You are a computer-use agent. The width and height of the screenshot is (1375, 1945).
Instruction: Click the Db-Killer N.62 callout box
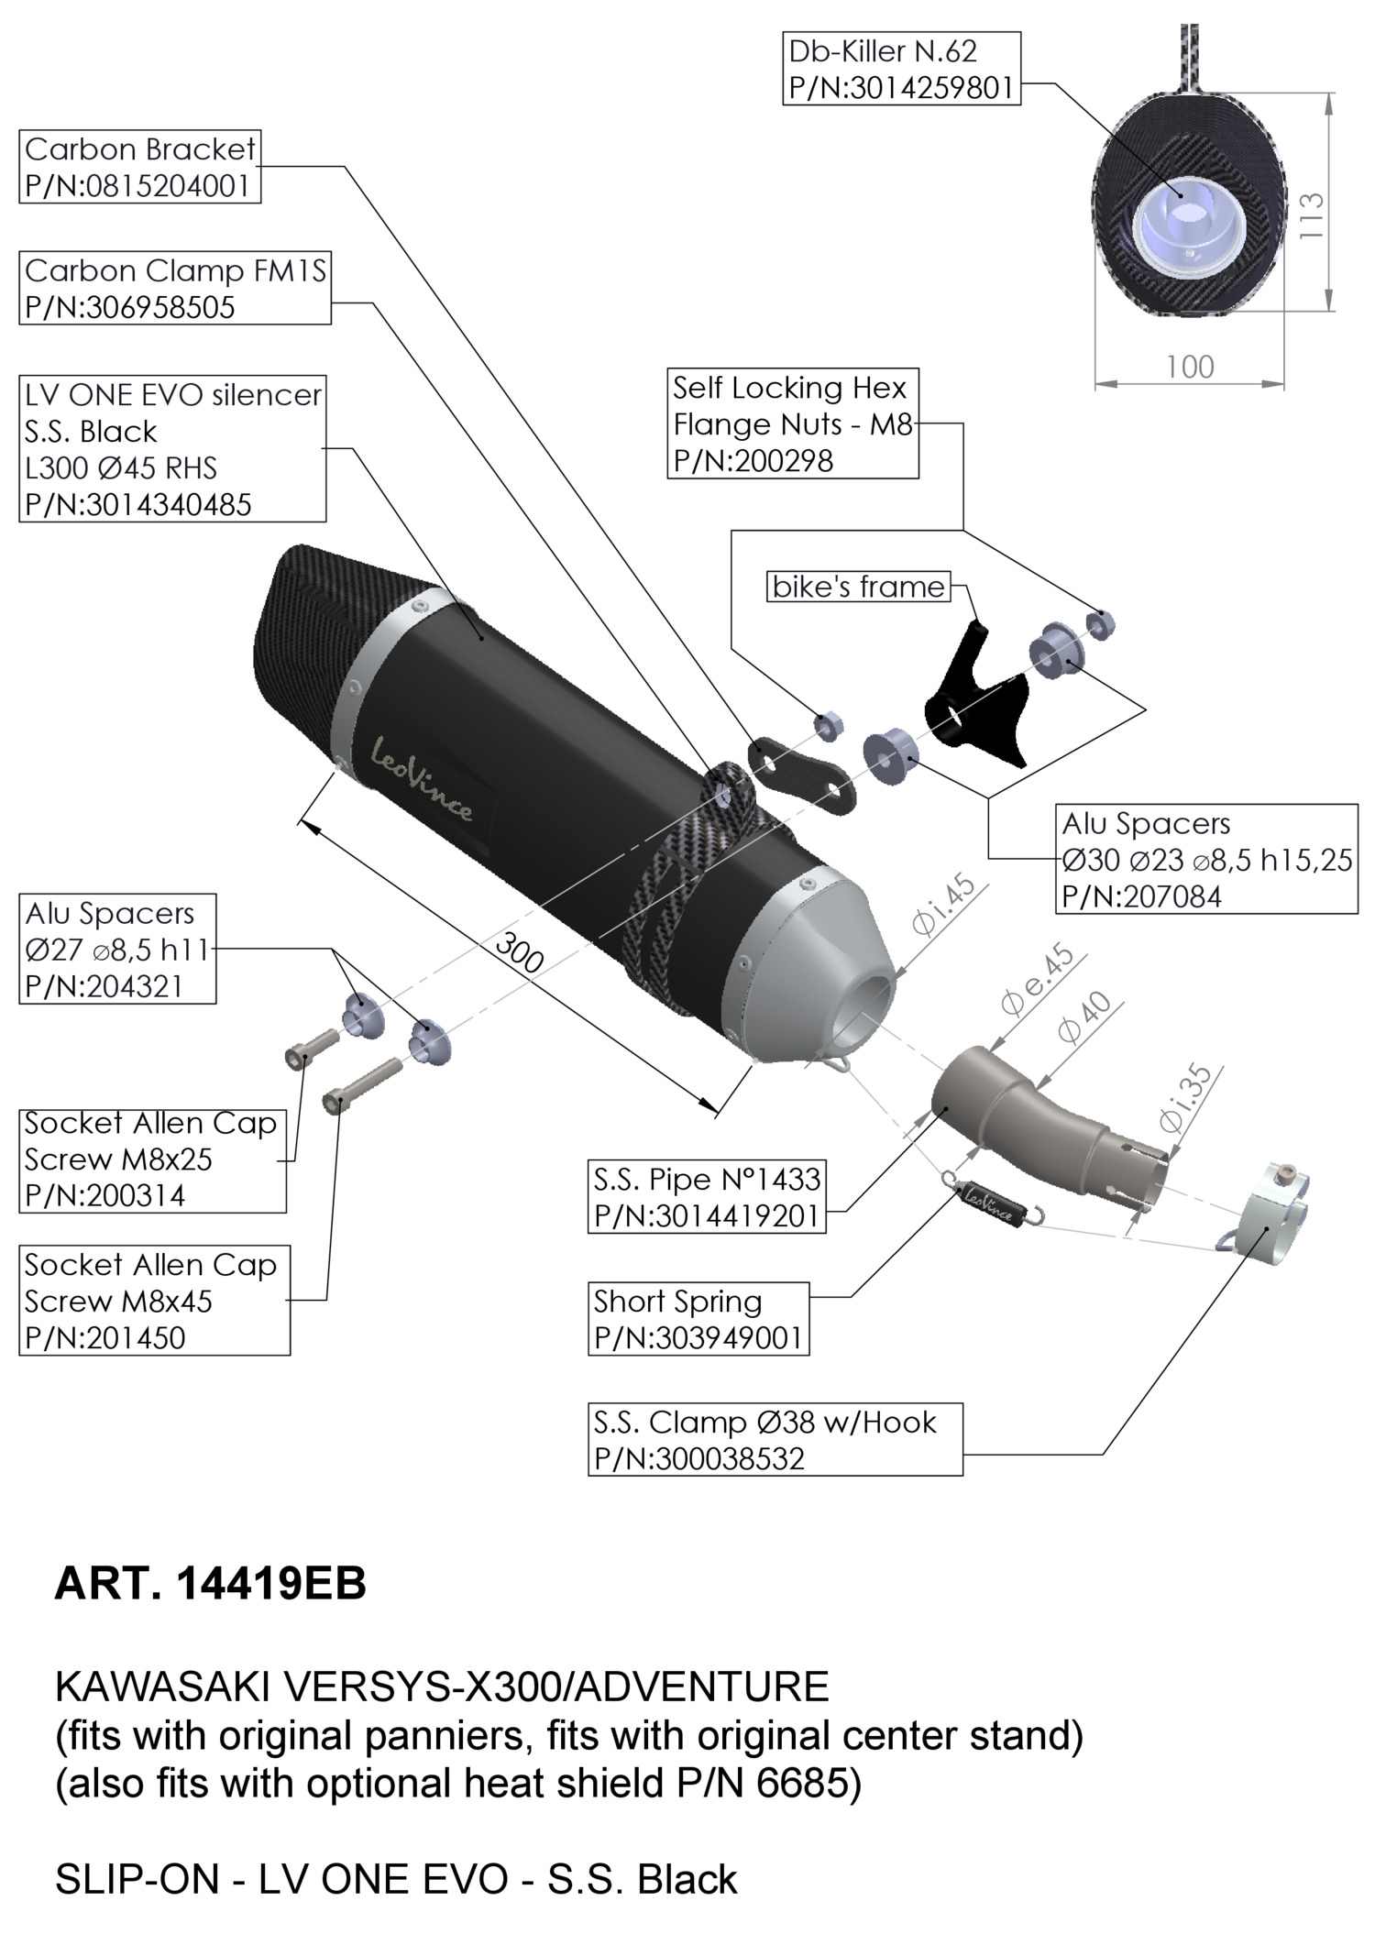pyautogui.click(x=901, y=69)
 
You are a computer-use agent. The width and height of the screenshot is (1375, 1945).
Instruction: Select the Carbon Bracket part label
pyautogui.click(x=139, y=167)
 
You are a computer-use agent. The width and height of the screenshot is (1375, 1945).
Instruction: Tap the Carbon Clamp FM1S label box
pyautogui.click(x=174, y=289)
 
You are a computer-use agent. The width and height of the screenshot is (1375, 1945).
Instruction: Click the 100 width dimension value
pyautogui.click(x=1190, y=368)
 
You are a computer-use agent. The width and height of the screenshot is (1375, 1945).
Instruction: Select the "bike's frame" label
pyautogui.click(x=858, y=587)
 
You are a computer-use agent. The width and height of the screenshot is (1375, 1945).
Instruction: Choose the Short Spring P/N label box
pyautogui.click(x=698, y=1319)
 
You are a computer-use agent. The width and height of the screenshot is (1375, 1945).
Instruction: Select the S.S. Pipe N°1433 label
pyautogui.click(x=706, y=1197)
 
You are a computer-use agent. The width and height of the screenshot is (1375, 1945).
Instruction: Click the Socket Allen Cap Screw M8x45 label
pyautogui.click(x=154, y=1301)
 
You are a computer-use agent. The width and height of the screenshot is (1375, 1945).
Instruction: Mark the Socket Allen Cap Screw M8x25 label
pyautogui.click(x=152, y=1159)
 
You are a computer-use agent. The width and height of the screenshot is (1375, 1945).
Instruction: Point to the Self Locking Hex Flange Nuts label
pyautogui.click(x=792, y=423)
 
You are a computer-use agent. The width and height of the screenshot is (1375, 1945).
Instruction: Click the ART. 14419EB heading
pyautogui.click(x=210, y=1583)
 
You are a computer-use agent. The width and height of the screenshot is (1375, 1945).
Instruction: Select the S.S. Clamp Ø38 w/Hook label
pyautogui.click(x=775, y=1439)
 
